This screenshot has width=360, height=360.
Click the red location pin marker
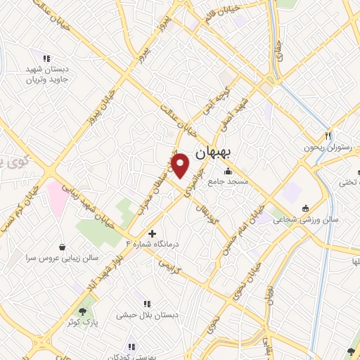point(181,165)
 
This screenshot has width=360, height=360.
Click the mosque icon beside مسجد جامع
point(228,171)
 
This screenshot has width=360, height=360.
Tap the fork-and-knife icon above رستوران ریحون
point(328,136)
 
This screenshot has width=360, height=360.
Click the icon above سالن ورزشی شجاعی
point(304,209)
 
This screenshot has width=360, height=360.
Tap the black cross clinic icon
point(153,232)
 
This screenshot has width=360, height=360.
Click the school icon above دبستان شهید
point(46,58)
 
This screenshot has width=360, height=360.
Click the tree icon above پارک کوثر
point(84,311)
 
